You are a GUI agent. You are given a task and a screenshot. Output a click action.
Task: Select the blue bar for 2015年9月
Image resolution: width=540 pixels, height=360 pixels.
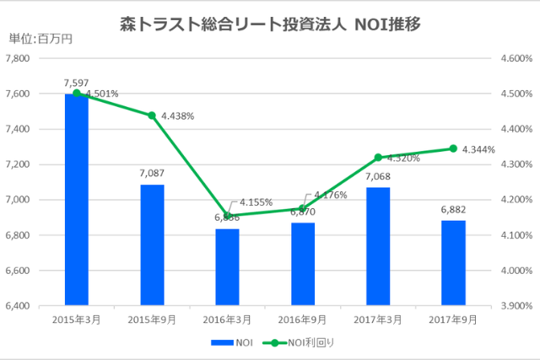[x=152, y=244]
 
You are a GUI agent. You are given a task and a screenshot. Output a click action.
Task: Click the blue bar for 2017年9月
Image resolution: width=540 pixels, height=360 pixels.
[x=453, y=262]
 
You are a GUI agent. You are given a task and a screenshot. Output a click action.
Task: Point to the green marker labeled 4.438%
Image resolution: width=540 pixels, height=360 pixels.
[x=152, y=116]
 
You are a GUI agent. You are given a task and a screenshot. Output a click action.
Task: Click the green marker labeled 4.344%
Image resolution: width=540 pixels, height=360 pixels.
[x=453, y=148]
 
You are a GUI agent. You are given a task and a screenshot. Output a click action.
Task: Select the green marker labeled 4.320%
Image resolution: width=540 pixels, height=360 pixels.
[x=377, y=157]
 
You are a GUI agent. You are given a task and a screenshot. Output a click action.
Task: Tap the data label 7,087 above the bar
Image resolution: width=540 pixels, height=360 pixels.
[x=152, y=175]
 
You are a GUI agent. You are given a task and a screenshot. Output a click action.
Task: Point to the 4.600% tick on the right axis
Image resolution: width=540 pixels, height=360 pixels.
[x=513, y=58]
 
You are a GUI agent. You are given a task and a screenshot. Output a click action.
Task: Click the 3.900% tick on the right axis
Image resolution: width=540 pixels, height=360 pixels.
[x=513, y=305]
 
